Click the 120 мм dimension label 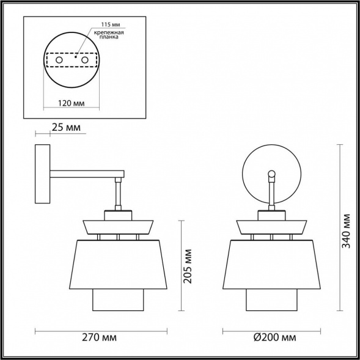tap(71, 104)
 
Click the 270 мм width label tap(101, 337)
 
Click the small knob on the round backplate tap(271, 174)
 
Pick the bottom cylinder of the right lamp tap(271, 299)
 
